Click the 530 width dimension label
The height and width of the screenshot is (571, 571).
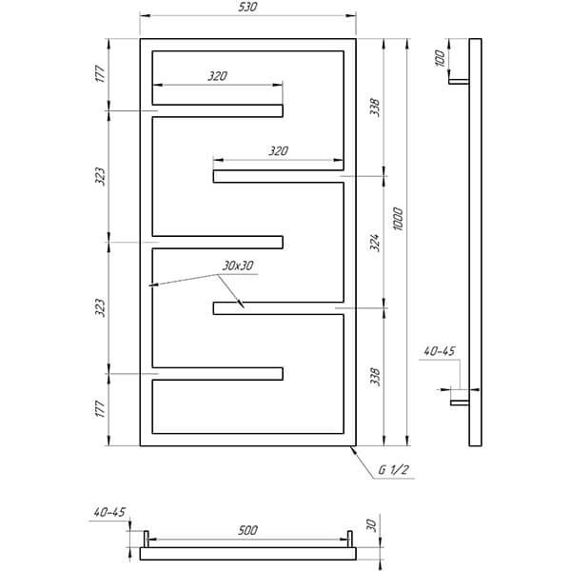[x=247, y=7]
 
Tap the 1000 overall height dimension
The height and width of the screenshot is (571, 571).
[x=398, y=219]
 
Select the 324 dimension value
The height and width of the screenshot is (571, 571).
[x=375, y=243]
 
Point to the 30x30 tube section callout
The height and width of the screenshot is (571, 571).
[x=238, y=266]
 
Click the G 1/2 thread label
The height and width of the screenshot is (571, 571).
[x=393, y=470]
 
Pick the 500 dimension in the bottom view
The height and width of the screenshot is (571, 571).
[x=247, y=530]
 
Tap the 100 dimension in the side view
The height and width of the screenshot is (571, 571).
[x=440, y=58]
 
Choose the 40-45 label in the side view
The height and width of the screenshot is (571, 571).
[x=440, y=351]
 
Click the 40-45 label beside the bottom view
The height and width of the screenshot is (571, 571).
[x=109, y=512]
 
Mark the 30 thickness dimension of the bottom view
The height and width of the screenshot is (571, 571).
[x=371, y=525]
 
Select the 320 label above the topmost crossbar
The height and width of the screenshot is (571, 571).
[x=217, y=76]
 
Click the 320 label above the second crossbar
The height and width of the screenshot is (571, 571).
[x=278, y=150]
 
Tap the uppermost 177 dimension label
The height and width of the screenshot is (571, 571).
[x=100, y=74]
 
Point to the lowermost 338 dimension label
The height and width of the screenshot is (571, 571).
[x=375, y=377]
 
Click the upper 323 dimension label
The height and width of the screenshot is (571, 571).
[x=100, y=177]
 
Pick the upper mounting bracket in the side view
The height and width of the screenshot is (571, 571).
[x=459, y=82]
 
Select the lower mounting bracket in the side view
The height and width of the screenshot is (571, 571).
[x=460, y=403]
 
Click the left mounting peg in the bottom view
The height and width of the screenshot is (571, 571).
[x=147, y=539]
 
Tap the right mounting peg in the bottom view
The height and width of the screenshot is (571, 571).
[x=349, y=539]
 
